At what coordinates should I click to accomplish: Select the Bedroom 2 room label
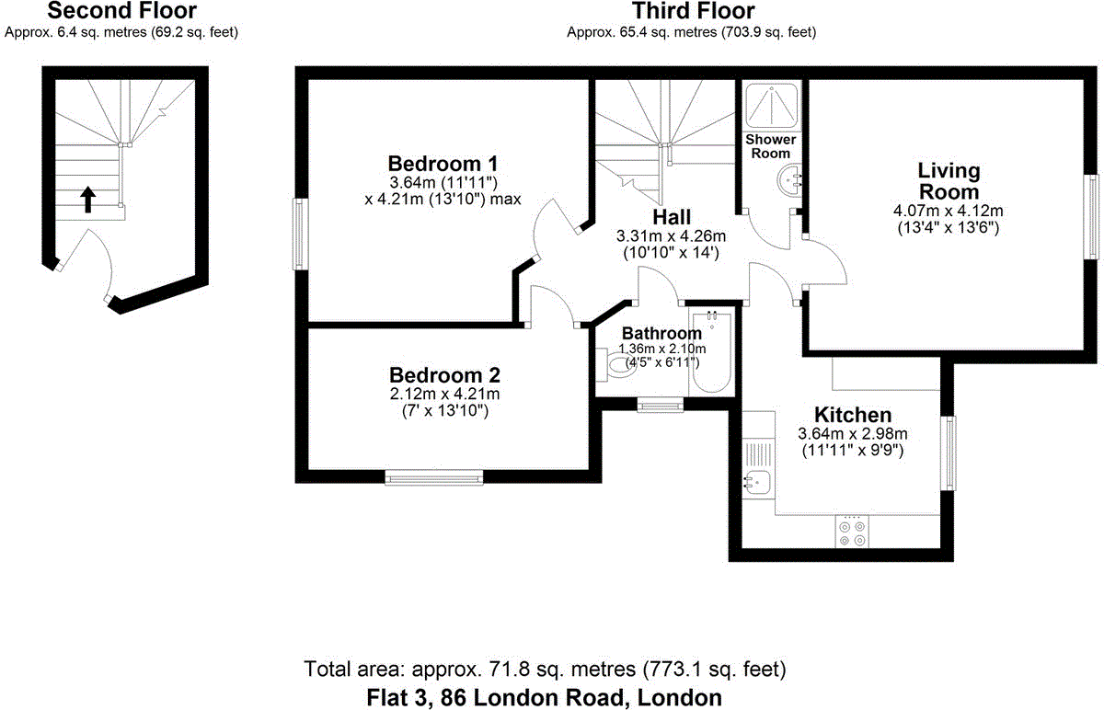(x=444, y=375)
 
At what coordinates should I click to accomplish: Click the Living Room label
(x=949, y=181)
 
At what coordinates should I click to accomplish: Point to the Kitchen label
(x=853, y=415)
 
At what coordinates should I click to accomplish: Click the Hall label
(x=672, y=218)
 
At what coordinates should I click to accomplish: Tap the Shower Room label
(x=771, y=146)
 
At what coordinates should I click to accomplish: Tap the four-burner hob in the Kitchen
(x=852, y=532)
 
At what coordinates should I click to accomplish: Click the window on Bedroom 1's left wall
(x=300, y=235)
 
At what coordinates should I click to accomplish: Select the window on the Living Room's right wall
(x=1093, y=216)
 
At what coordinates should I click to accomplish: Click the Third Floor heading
(x=692, y=12)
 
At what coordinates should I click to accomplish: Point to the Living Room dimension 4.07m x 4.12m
(x=948, y=211)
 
